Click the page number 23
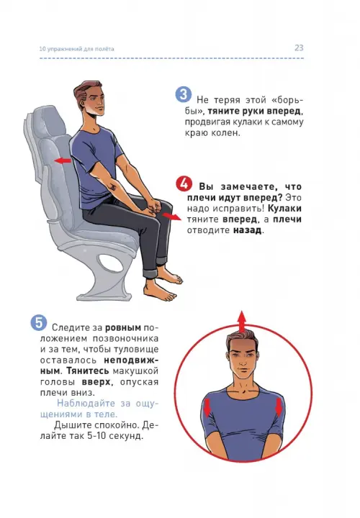click(299, 48)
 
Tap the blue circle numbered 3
click(183, 94)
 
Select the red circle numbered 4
click(184, 183)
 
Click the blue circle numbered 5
click(39, 322)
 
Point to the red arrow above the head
click(243, 322)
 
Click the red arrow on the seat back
click(63, 161)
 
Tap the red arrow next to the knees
click(171, 217)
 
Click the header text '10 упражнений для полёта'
click(77, 49)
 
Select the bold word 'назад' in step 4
click(248, 230)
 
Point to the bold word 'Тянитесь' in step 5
click(87, 371)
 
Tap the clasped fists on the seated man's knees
click(154, 206)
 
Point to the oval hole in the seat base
click(109, 263)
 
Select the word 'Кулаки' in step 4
click(284, 209)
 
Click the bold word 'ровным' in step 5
click(123, 328)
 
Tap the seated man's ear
click(81, 101)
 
